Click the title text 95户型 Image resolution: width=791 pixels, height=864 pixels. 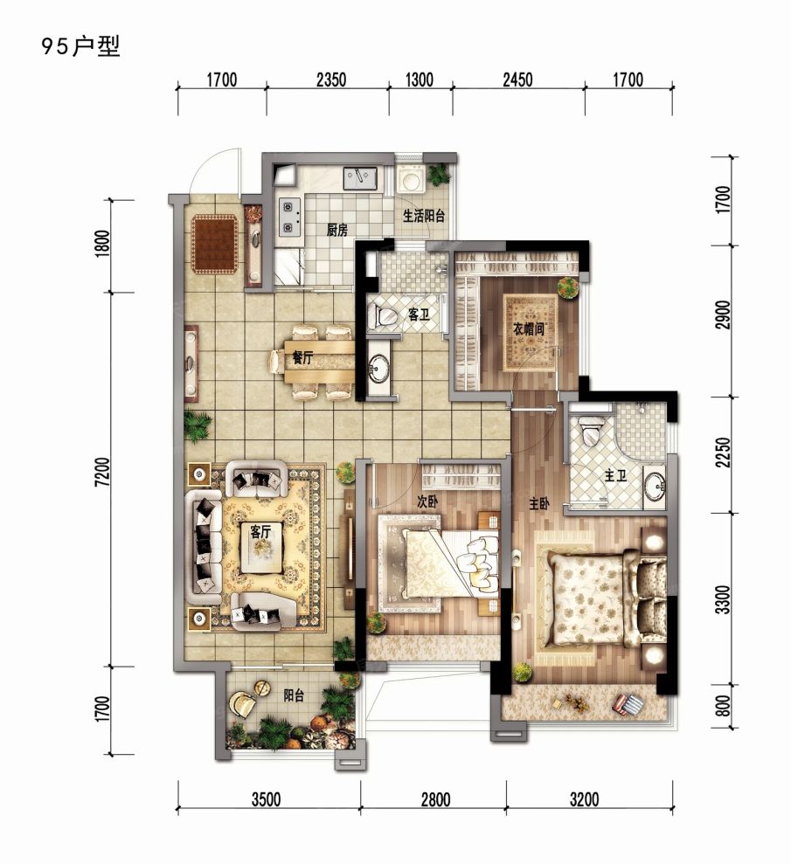[80, 46]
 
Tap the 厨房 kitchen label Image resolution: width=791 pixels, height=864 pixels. [337, 231]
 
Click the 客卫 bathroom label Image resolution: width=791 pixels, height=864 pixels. [419, 314]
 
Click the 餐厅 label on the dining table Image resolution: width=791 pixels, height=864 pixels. [303, 357]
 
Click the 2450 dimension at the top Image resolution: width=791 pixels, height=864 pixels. [517, 80]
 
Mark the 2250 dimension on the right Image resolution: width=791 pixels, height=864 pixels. [721, 454]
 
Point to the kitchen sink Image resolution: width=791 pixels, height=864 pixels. [359, 177]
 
